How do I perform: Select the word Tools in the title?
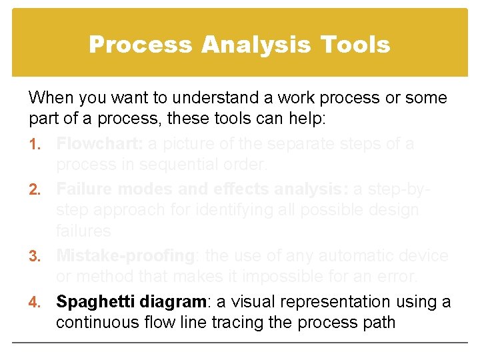coord(355,45)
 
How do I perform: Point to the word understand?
coord(201,98)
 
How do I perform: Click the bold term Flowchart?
coord(99,143)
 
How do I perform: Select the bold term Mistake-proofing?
coord(124,255)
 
